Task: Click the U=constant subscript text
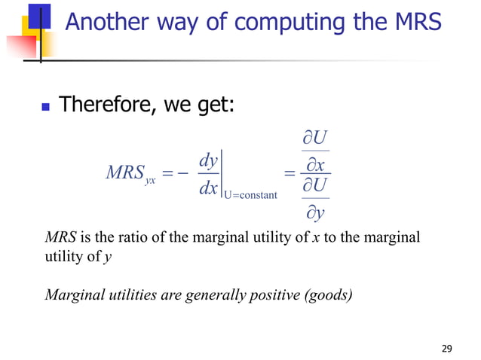pos(251,196)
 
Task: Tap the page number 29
pos(446,348)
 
